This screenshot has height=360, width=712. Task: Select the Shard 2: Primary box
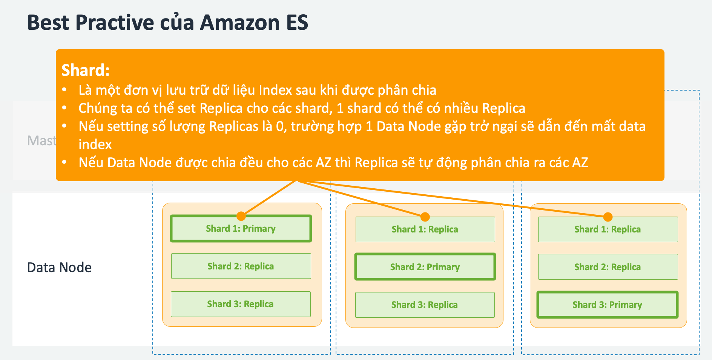pos(425,267)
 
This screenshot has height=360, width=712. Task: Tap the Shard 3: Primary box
pos(607,305)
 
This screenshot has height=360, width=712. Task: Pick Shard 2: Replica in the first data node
pos(241,266)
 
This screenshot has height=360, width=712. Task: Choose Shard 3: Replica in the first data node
pos(240,304)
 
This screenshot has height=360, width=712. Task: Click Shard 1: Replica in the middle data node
pos(425,229)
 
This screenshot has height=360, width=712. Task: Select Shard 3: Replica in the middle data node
pos(424,305)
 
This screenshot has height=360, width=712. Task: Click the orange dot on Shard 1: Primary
pos(241,216)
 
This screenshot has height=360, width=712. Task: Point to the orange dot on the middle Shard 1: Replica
pos(425,217)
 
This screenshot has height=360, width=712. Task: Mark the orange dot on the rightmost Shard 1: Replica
pos(608,217)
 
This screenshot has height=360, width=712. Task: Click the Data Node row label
pos(59,268)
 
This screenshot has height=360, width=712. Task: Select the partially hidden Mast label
pos(41,141)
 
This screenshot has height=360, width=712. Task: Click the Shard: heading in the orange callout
pos(85,70)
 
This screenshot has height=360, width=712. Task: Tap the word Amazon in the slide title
pos(239,22)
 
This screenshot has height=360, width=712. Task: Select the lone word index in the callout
pos(95,145)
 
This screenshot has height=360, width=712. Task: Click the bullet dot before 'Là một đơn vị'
pos(64,90)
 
